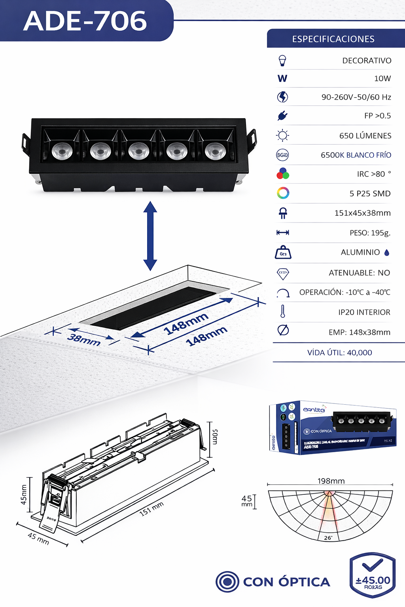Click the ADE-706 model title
pyautogui.click(x=85, y=21)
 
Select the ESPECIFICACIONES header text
pyautogui.click(x=333, y=39)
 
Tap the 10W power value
pyautogui.click(x=382, y=79)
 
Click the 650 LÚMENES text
pyautogui.click(x=365, y=136)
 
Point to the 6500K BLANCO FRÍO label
pyautogui.click(x=356, y=155)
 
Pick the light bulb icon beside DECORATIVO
pyautogui.click(x=282, y=60)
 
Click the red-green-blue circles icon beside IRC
pyautogui.click(x=283, y=174)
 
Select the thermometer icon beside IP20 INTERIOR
pyautogui.click(x=283, y=311)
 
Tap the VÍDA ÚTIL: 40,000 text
pyautogui.click(x=339, y=353)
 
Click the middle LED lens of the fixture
pyautogui.click(x=138, y=151)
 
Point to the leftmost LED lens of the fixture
pyautogui.click(x=62, y=151)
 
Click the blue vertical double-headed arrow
pyautogui.click(x=150, y=236)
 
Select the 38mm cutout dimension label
pyautogui.click(x=83, y=339)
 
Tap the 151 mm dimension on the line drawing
pyautogui.click(x=151, y=509)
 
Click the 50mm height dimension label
pyautogui.click(x=215, y=437)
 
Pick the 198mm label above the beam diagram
pyautogui.click(x=331, y=481)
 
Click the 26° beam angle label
pyautogui.click(x=328, y=537)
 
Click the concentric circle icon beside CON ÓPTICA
pyautogui.click(x=227, y=582)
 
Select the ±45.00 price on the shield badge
pyautogui.click(x=373, y=580)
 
